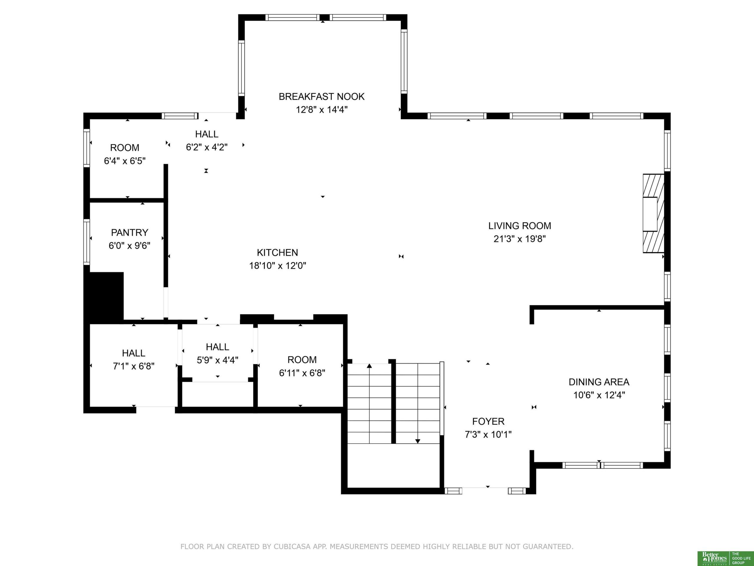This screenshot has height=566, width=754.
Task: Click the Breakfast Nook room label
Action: tap(321, 97)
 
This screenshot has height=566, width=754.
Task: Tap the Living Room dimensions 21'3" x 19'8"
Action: tap(520, 239)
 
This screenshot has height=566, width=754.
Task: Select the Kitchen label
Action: tap(277, 252)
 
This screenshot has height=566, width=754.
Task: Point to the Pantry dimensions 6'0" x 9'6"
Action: tap(129, 246)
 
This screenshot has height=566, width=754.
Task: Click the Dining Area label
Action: tap(599, 382)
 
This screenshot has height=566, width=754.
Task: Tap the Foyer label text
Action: tap(488, 421)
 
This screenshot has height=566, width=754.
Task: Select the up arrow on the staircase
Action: tap(369, 366)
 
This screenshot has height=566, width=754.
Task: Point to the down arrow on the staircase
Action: tap(418, 441)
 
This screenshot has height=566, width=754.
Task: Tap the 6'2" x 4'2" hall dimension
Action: tap(206, 147)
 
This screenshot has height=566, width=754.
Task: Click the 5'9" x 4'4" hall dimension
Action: tap(217, 360)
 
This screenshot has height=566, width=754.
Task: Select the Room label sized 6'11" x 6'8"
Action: tap(302, 360)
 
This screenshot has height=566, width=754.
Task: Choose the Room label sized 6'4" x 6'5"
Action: tap(125, 148)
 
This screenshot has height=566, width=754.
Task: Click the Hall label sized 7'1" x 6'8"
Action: tap(134, 353)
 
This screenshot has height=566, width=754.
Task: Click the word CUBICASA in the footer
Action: tap(292, 547)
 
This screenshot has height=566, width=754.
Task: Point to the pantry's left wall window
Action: tap(87, 242)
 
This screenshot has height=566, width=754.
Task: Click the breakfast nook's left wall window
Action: tap(241, 68)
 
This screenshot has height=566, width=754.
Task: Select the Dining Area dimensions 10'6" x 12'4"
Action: tap(599, 395)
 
